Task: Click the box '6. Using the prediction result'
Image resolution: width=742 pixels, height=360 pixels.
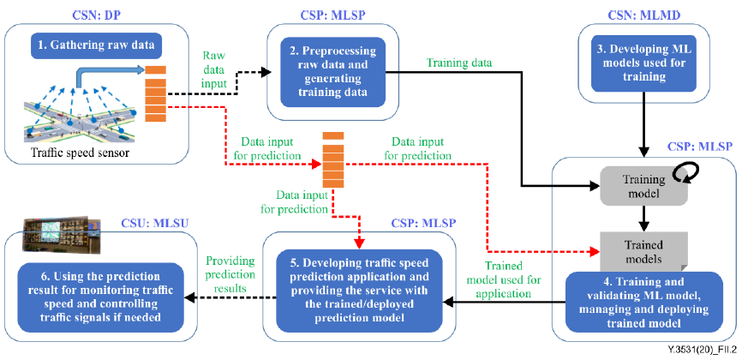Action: click(101, 297)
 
